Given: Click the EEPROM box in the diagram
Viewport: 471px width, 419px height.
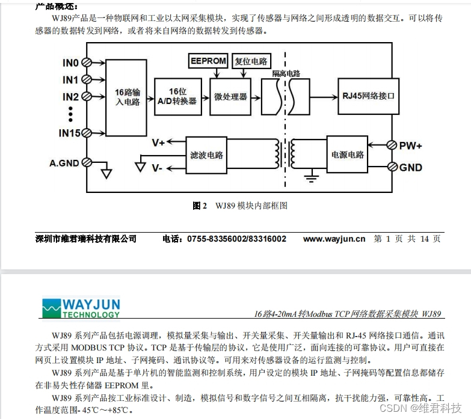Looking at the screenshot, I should point(208,61).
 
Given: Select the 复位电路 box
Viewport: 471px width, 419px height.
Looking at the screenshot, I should point(251,61).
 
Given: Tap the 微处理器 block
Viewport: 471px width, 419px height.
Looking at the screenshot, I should point(230,96).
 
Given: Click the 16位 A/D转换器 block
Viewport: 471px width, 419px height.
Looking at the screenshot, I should point(177,96).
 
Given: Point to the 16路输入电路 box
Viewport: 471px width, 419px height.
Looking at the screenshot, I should point(127,98).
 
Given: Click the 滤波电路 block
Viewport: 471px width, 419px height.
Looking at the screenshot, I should point(207,154).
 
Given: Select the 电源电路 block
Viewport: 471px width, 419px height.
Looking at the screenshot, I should point(347,154).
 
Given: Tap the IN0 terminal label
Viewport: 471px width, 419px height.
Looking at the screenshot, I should point(70,63).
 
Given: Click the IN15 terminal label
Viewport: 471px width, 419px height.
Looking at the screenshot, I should point(70,133).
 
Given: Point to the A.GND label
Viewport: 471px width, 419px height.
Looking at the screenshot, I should point(64,162).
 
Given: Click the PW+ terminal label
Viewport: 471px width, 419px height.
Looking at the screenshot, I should point(411,145).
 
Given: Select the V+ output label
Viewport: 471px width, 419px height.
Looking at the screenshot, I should point(159,142).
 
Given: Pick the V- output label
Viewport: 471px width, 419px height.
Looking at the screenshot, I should point(158,168).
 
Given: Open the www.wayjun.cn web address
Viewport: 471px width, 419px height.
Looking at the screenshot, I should point(334,239).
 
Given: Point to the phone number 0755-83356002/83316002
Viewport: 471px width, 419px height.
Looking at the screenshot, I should point(236,239).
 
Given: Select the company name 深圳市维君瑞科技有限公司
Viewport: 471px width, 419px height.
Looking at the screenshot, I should point(86,239).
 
